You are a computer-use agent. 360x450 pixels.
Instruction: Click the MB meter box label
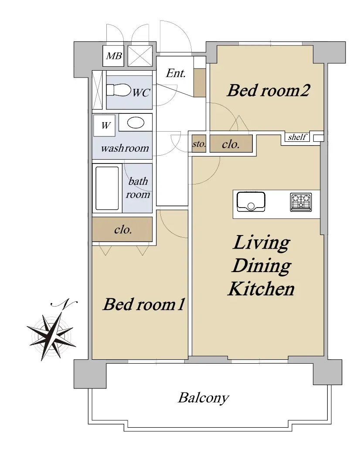[114, 56]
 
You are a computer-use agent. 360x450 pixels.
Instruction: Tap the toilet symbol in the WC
[118, 90]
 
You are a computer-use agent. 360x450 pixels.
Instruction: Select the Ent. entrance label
[176, 73]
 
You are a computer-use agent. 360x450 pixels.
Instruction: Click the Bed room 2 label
[268, 90]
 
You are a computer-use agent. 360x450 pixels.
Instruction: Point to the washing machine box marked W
[105, 126]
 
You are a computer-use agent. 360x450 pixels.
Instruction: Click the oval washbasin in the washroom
[136, 123]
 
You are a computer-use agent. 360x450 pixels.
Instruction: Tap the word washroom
[125, 148]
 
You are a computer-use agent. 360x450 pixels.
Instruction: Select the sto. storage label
[199, 144]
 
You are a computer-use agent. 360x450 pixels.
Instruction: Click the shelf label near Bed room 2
[297, 137]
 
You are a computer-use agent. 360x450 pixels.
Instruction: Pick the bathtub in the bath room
[107, 188]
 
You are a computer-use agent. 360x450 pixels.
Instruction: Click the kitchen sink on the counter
[251, 202]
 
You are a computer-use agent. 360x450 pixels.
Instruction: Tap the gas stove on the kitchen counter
[301, 202]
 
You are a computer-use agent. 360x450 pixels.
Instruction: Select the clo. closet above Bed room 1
[122, 229]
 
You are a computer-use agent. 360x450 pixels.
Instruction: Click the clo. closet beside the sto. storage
[231, 144]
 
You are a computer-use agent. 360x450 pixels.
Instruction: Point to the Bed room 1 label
[144, 304]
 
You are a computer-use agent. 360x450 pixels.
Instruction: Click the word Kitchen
[262, 289]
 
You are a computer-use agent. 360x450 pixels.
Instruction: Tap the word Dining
[262, 266]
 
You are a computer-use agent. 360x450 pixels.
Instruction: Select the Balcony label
[204, 398]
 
